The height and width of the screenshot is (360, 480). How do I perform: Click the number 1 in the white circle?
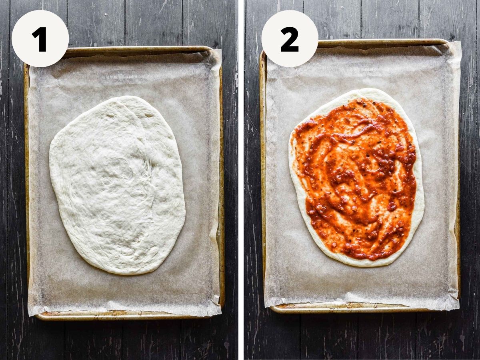(40, 39)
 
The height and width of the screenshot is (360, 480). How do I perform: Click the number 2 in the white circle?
(290, 39)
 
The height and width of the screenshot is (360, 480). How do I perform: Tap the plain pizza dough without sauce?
(117, 185)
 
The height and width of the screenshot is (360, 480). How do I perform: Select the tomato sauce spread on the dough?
(355, 179)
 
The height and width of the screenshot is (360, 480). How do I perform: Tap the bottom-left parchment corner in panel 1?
(28, 316)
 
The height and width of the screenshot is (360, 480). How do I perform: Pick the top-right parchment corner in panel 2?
(460, 42)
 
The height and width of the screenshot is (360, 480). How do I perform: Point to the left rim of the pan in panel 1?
(27, 186)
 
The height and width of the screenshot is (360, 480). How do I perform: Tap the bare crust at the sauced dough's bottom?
(361, 263)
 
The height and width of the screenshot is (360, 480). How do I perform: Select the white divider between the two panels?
(241, 180)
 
